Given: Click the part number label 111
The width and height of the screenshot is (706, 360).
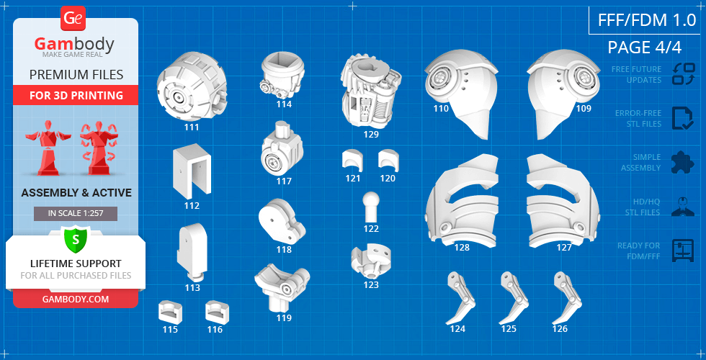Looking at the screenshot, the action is (192, 127).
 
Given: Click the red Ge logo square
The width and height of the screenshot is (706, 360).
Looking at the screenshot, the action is (72, 19).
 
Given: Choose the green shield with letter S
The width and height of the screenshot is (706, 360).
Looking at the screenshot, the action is (75, 239).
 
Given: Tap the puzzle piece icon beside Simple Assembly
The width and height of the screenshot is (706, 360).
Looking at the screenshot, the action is (683, 162).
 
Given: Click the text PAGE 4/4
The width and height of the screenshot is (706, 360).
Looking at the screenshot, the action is (644, 48).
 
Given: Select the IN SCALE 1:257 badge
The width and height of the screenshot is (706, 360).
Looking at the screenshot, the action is (76, 213).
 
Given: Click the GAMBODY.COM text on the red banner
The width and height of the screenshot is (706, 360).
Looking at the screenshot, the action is (76, 299).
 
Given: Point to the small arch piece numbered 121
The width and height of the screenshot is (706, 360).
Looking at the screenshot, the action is (352, 160).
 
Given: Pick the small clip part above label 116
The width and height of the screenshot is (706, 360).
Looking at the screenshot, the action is (217, 311).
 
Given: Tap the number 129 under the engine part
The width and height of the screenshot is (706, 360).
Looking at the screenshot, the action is (372, 134).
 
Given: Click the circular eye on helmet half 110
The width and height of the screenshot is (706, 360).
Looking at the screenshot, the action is (441, 77).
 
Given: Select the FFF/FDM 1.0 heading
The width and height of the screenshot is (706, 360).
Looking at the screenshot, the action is (647, 20).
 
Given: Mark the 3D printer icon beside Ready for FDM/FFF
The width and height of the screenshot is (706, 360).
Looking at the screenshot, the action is (683, 251).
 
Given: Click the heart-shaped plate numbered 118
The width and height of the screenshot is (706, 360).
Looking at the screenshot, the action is (282, 221).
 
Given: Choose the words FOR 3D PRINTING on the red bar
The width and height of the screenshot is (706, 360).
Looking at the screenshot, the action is (76, 95).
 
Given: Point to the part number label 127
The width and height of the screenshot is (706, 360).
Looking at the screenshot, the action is (564, 248).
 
